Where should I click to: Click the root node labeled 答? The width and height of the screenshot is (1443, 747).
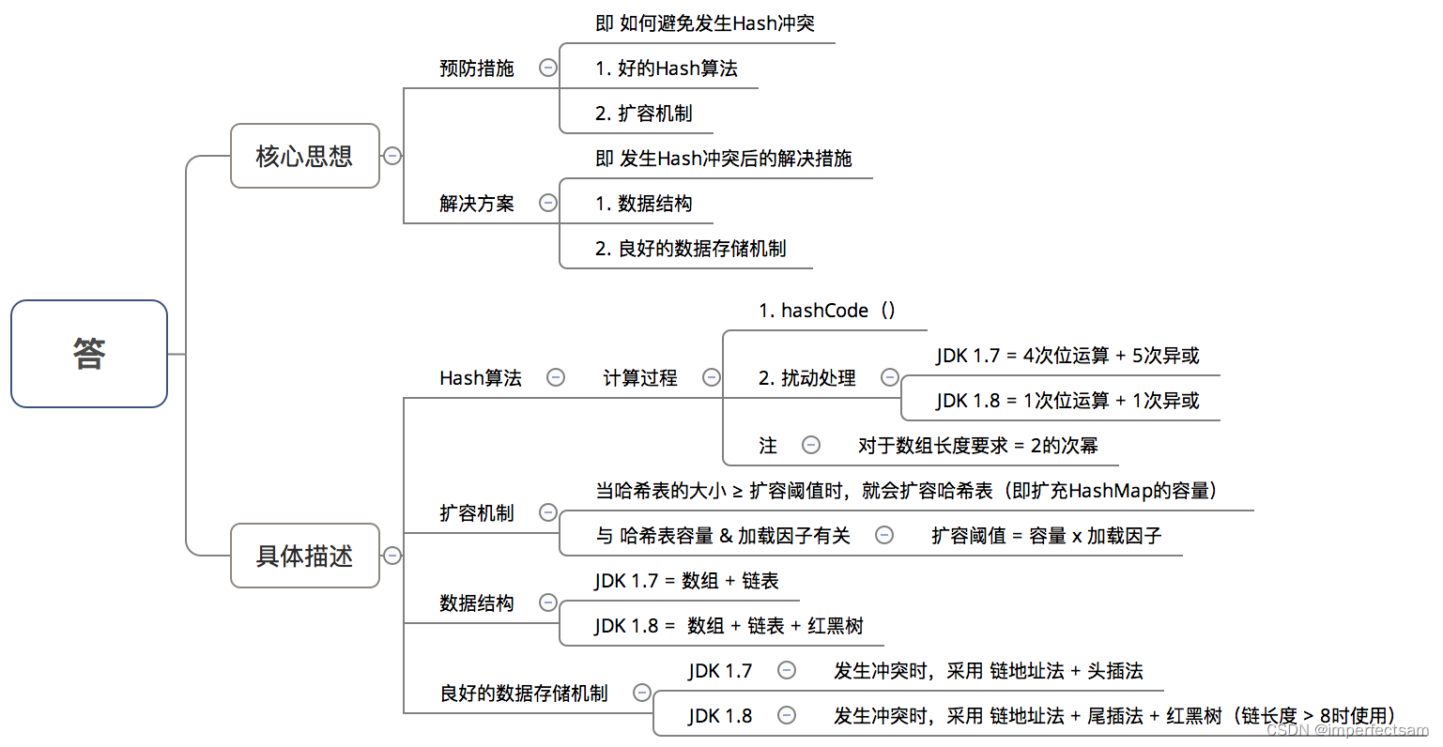tap(89, 354)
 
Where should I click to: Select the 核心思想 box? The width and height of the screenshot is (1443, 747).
tap(304, 156)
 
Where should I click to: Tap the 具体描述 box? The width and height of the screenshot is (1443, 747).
tap(304, 556)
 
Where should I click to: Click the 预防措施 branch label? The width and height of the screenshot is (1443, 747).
tap(477, 69)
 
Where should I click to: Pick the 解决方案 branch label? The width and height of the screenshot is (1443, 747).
tap(477, 204)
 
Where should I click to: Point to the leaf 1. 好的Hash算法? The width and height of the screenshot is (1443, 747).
tap(666, 69)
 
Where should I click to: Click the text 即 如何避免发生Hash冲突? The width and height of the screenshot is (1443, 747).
tap(704, 23)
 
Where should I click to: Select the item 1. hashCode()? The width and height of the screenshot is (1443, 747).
tap(826, 311)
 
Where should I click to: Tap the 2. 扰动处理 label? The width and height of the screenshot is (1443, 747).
tap(806, 378)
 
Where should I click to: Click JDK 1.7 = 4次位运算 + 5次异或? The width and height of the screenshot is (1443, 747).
tap(1067, 356)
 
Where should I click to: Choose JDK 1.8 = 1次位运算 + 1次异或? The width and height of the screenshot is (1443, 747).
tap(1067, 401)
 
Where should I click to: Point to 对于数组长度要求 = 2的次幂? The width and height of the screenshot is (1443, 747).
tap(977, 446)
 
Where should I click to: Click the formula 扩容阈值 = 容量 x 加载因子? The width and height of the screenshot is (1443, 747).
tap(1046, 536)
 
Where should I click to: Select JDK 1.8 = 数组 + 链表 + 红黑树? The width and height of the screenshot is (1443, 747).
tap(729, 626)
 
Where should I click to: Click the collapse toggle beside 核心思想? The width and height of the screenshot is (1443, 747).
tap(392, 156)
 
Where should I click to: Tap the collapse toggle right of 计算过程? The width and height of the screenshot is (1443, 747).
tap(712, 377)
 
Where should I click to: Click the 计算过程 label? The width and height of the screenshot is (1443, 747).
tap(639, 378)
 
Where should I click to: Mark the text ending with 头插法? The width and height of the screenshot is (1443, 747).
tap(988, 671)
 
